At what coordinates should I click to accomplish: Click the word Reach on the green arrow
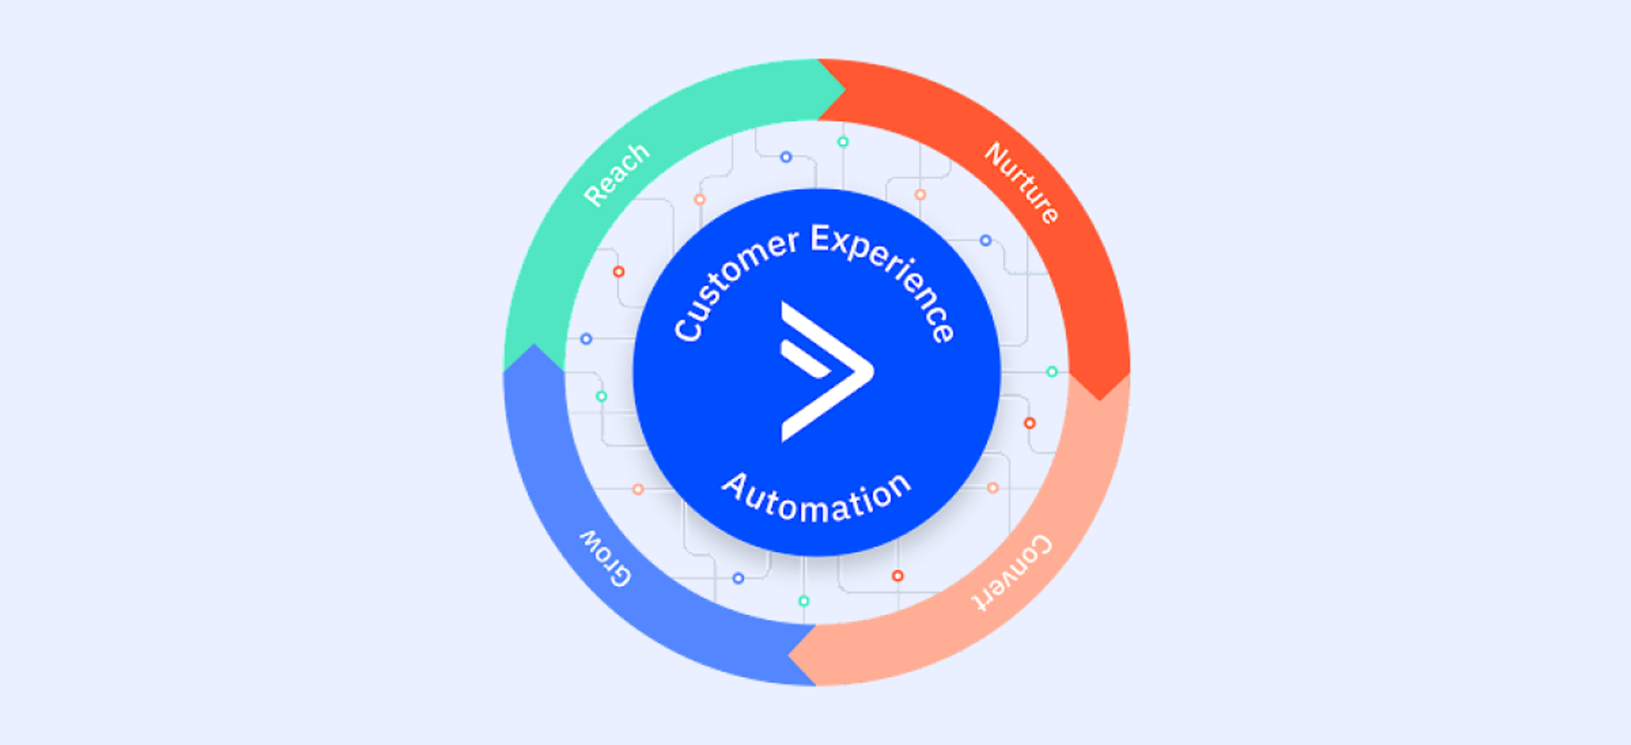click(x=617, y=175)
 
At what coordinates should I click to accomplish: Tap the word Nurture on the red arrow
click(x=1022, y=183)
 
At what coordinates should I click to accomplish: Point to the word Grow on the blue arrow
click(x=606, y=559)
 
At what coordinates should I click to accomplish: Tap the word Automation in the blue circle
click(x=816, y=498)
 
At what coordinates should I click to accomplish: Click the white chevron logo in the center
click(x=824, y=372)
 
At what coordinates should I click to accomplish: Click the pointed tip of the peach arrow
click(x=790, y=656)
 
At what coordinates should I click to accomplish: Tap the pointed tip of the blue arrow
click(x=533, y=346)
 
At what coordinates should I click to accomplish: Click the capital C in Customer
click(x=687, y=328)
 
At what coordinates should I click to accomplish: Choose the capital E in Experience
click(x=821, y=239)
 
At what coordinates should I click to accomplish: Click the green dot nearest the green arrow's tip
click(x=843, y=142)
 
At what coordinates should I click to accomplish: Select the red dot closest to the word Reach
click(x=618, y=272)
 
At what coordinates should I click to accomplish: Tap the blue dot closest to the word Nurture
click(x=985, y=240)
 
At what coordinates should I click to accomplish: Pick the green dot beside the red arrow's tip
click(x=1052, y=372)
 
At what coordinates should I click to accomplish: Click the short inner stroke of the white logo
click(x=804, y=360)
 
